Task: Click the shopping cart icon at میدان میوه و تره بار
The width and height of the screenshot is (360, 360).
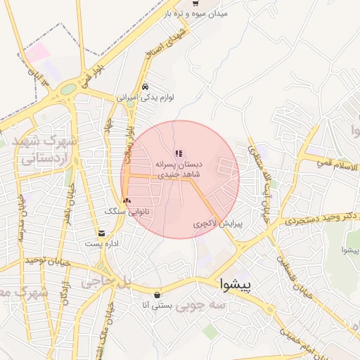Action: tap(195, 4)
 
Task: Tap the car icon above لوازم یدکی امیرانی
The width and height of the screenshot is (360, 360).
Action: tap(145, 86)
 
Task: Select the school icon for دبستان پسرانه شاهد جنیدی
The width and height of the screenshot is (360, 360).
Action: tap(179, 152)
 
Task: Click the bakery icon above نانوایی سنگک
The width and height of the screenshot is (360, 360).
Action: tap(127, 200)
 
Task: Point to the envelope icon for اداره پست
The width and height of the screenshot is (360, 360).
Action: tap(103, 233)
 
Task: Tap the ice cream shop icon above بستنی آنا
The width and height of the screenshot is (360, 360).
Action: tap(156, 295)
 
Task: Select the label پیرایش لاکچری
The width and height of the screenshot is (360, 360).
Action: tap(218, 224)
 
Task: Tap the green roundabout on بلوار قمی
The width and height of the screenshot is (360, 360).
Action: tap(68, 89)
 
